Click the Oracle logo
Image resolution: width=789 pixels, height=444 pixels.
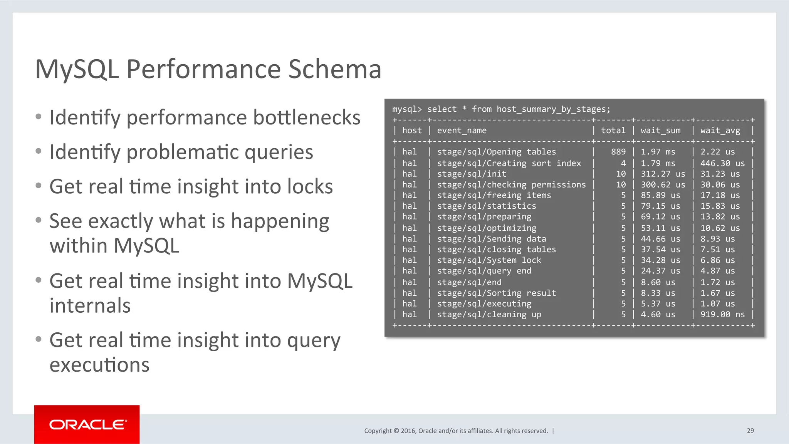(x=87, y=424)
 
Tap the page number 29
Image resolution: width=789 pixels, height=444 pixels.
(x=750, y=431)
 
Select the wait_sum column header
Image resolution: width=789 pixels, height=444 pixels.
(x=660, y=131)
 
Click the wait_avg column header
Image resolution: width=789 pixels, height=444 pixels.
(x=720, y=131)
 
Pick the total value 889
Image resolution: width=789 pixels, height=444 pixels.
(x=618, y=152)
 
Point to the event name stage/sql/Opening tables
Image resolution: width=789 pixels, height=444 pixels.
(x=496, y=152)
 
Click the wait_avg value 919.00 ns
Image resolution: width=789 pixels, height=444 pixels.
(x=722, y=314)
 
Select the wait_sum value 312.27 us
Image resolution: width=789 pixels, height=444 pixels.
(x=663, y=174)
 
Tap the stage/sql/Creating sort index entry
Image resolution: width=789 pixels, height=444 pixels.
(x=509, y=163)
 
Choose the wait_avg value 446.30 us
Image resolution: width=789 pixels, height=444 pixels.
(x=722, y=163)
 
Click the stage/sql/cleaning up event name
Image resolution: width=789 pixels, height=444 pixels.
(x=489, y=314)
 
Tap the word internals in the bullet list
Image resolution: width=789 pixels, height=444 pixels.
(x=90, y=305)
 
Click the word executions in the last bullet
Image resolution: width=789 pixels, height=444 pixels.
(x=99, y=365)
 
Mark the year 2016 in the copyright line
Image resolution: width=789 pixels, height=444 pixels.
(x=408, y=431)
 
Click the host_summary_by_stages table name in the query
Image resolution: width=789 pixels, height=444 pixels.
(x=553, y=109)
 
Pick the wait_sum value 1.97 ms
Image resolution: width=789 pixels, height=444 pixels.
(x=658, y=152)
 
